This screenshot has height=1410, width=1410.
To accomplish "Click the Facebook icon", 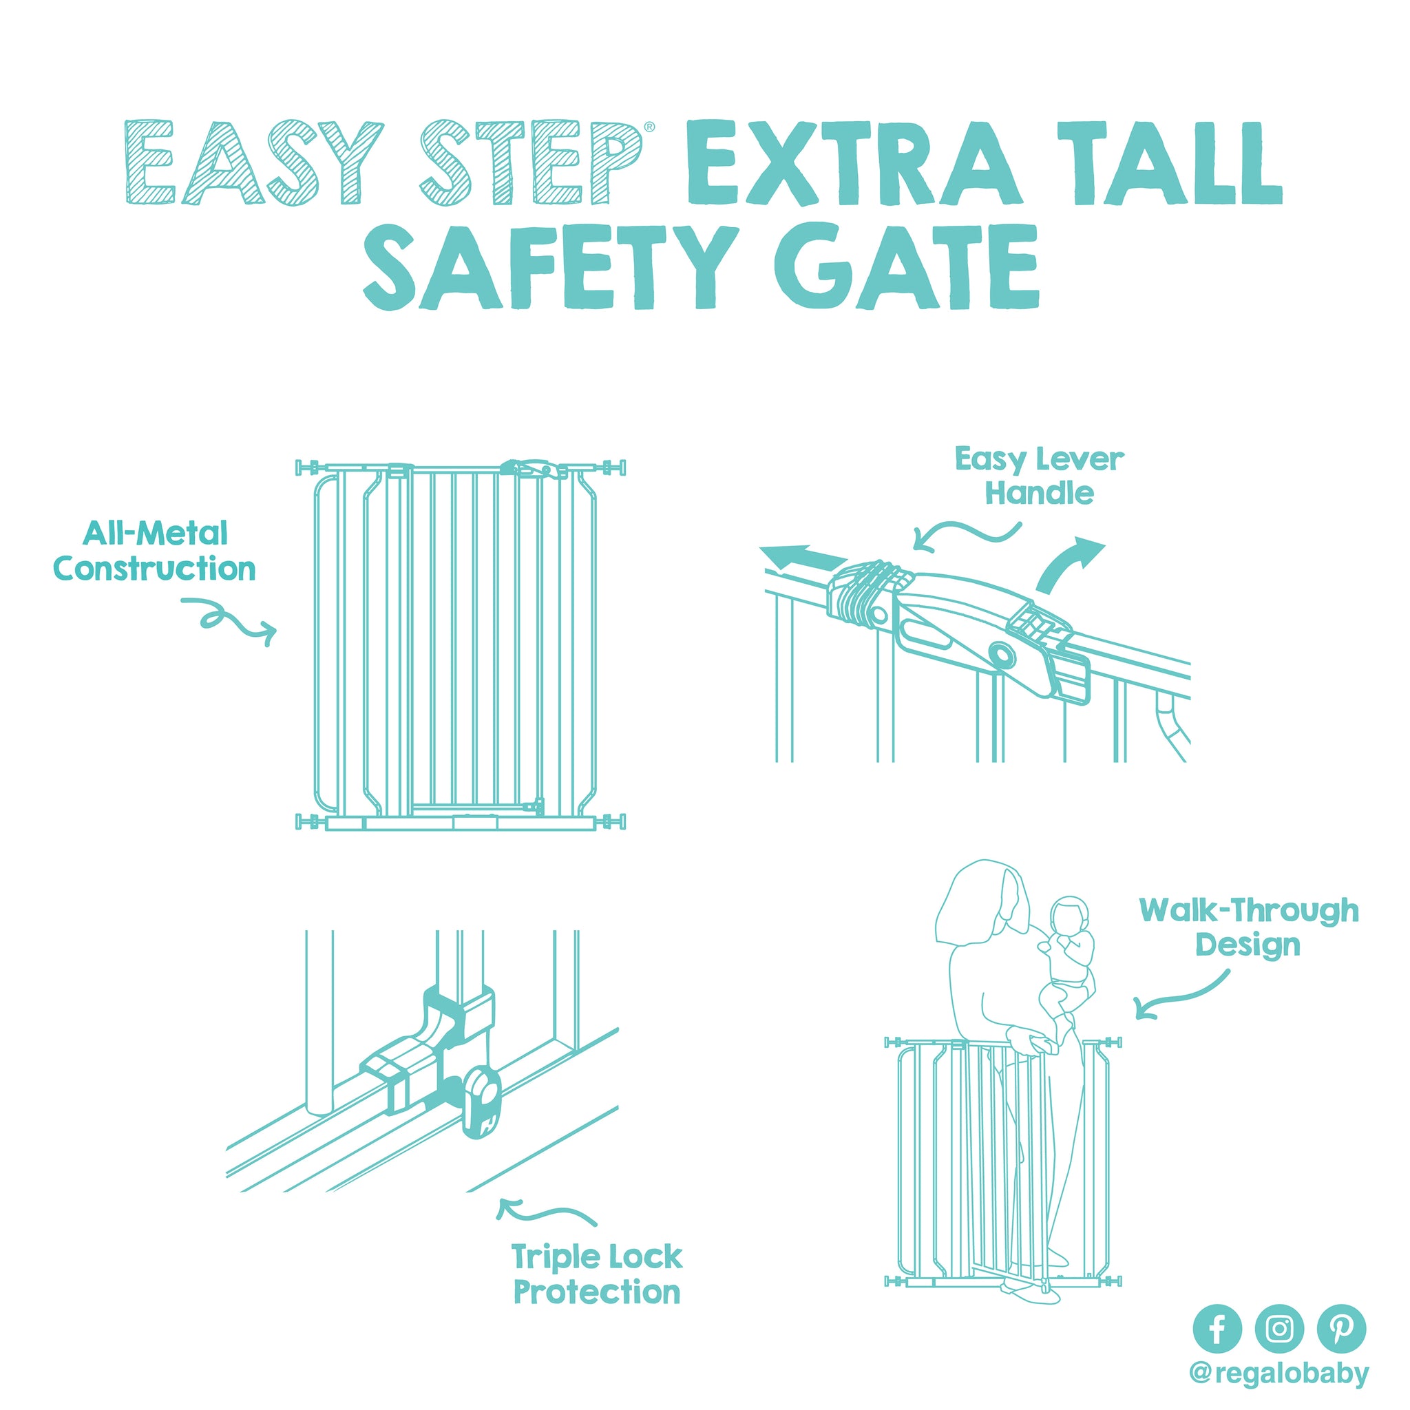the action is [1217, 1329].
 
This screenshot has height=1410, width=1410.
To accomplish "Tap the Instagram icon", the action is [1279, 1329].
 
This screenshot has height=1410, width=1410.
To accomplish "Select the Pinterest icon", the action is [1341, 1329].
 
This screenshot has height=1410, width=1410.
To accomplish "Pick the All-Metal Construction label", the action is [154, 551].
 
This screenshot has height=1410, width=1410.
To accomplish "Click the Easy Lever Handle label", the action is [1039, 476].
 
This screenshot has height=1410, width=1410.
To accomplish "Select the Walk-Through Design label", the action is [1249, 927].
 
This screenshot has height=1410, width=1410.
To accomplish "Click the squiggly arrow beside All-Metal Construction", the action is [229, 619].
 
